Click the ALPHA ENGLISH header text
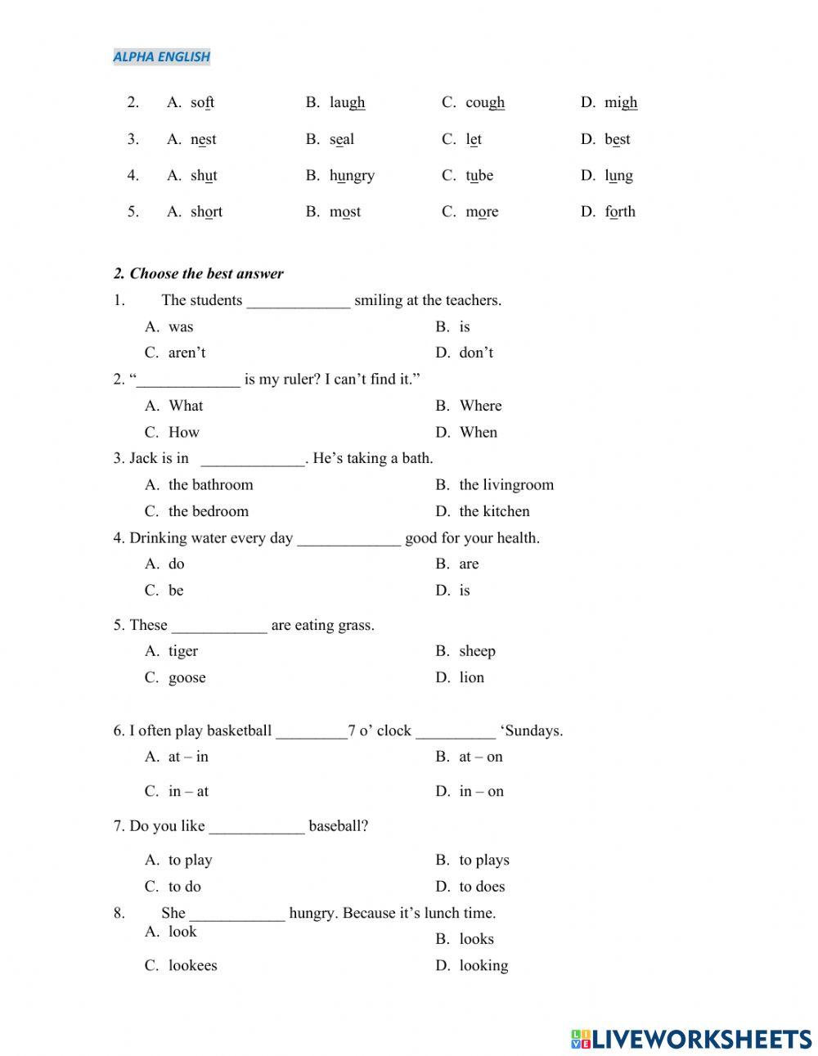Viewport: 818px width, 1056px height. tap(161, 56)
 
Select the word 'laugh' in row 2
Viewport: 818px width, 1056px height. tap(347, 102)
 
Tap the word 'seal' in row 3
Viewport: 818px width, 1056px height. tap(342, 139)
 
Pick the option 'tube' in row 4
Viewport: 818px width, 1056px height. tap(479, 175)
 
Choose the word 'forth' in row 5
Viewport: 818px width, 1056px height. tap(620, 211)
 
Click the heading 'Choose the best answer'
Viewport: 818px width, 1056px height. tap(206, 273)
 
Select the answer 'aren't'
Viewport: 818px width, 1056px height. tap(187, 353)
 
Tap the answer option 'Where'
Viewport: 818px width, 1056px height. tap(480, 406)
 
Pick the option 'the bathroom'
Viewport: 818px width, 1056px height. tap(210, 484)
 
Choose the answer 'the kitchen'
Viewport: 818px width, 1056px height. tap(494, 511)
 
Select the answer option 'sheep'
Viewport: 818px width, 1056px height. tap(477, 651)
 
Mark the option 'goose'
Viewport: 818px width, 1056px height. tap(187, 677)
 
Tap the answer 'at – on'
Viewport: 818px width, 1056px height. tap(481, 757)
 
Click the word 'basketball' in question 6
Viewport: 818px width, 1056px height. tap(240, 730)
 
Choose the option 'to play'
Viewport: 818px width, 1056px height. tap(190, 860)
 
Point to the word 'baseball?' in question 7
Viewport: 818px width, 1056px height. tap(338, 826)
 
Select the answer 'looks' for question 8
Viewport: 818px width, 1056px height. tap(476, 939)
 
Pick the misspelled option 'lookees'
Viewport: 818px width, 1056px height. tap(192, 965)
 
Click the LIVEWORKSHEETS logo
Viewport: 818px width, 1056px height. tap(691, 1039)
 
